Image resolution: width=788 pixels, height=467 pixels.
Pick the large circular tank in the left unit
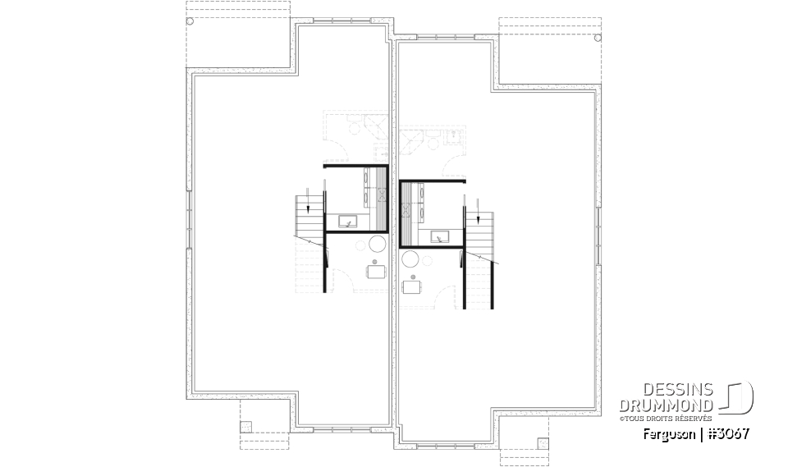[x=378, y=245]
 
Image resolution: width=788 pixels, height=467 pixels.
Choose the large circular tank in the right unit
[x=410, y=260]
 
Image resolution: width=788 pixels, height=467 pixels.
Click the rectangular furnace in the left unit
[x=375, y=272]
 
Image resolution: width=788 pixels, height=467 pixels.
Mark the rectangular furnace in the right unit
[x=410, y=287]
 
